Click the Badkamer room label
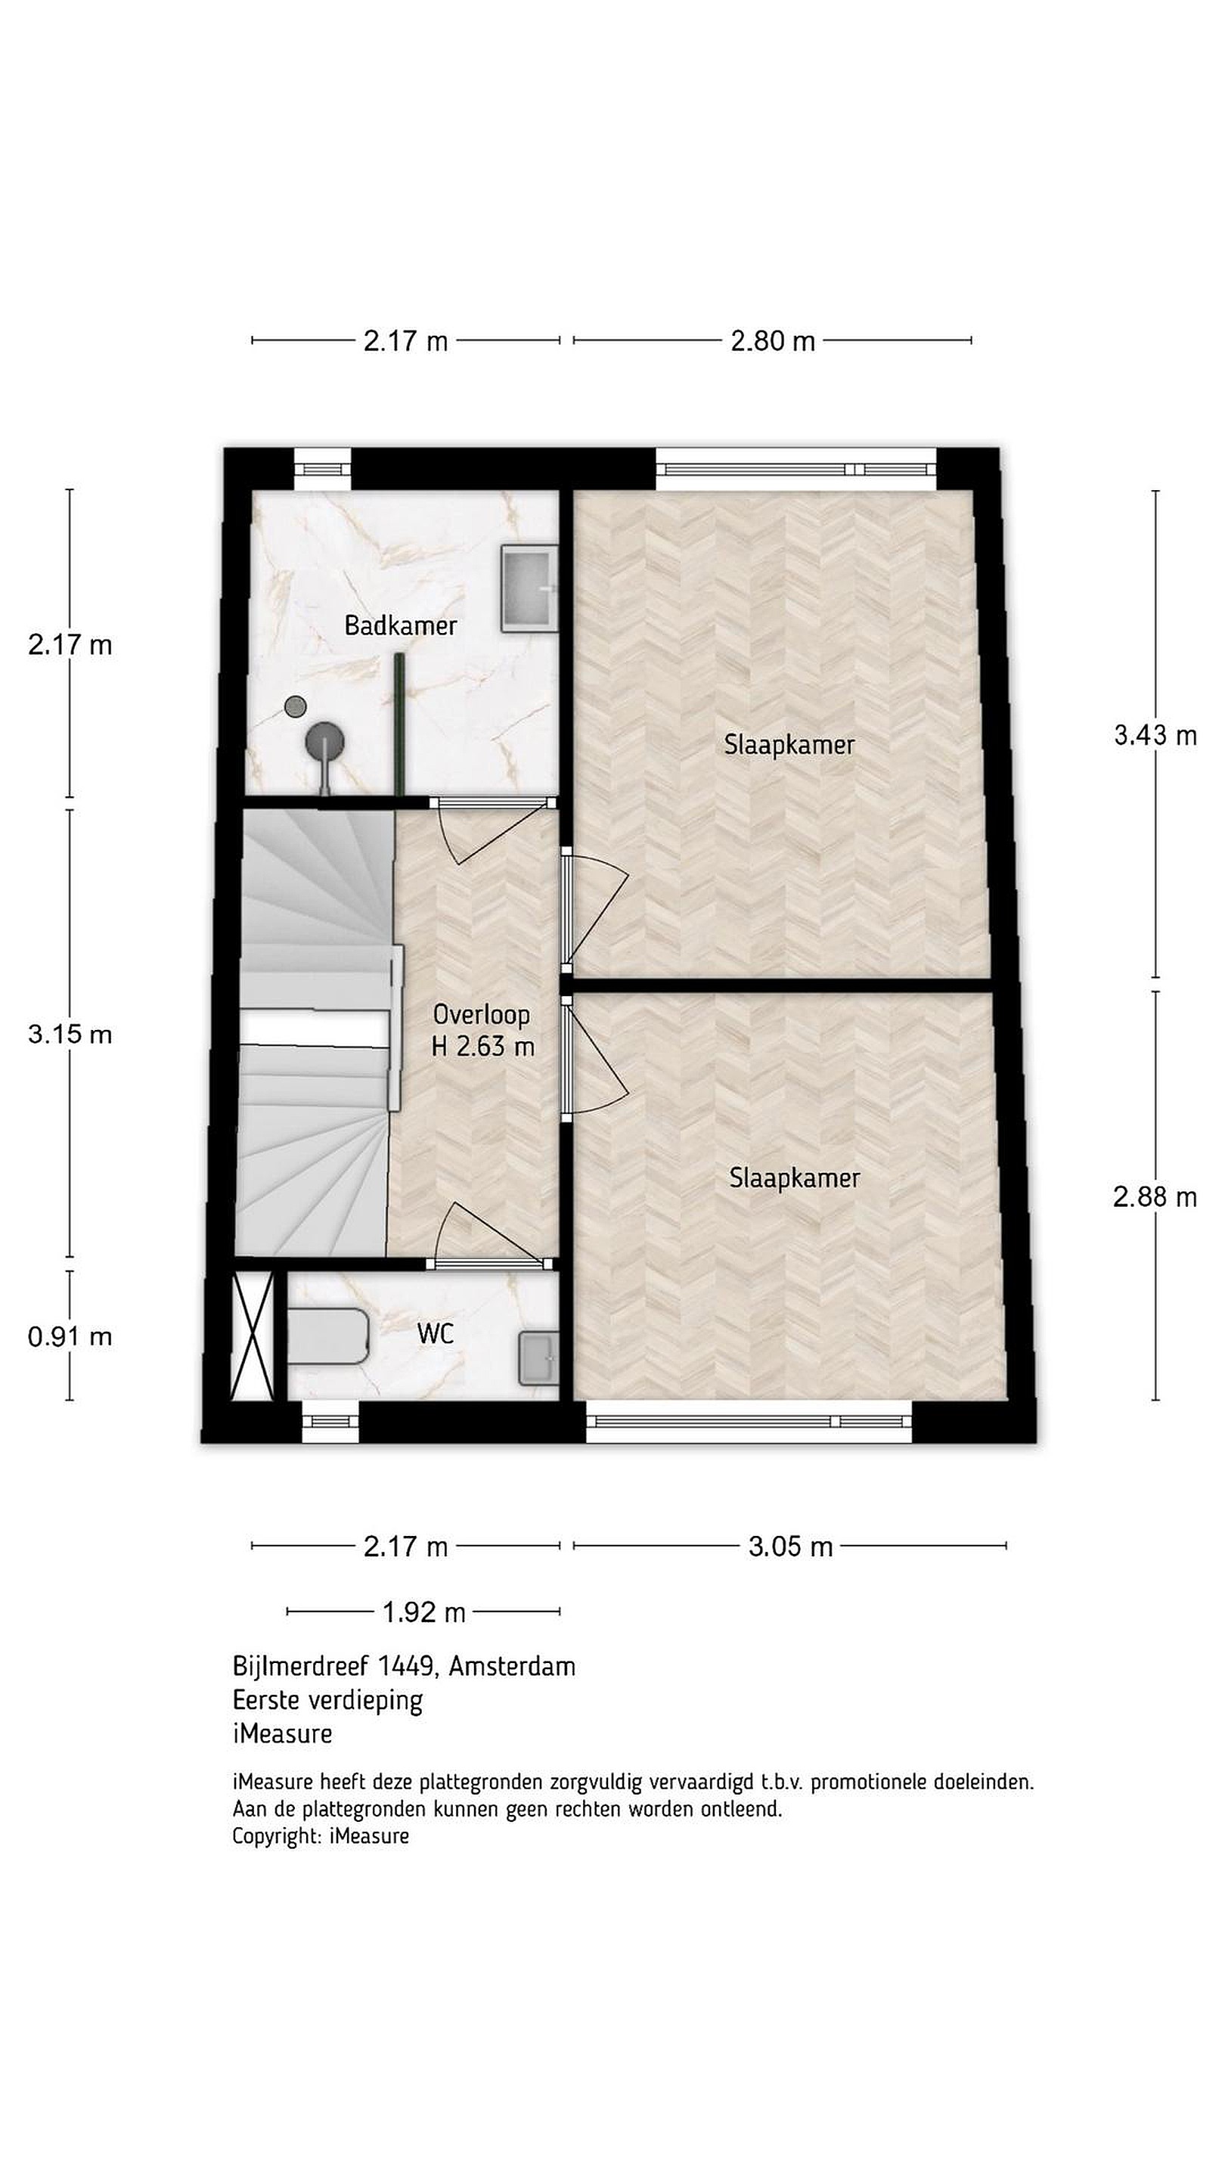(x=400, y=625)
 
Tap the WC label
(x=436, y=1333)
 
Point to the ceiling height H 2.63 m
(x=482, y=1047)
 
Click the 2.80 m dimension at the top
(x=773, y=341)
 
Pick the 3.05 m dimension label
(x=790, y=1547)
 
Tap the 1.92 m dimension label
(x=423, y=1612)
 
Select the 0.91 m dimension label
(x=70, y=1337)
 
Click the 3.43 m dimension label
(x=1155, y=736)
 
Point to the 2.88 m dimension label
(x=1155, y=1197)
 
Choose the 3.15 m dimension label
(x=70, y=1034)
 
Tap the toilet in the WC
(x=329, y=1336)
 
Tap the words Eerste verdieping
(x=327, y=1699)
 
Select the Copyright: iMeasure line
(x=321, y=1835)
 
